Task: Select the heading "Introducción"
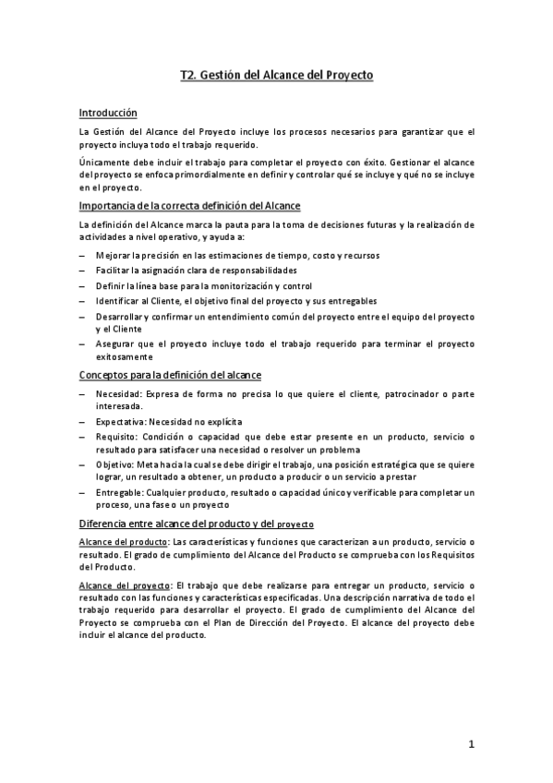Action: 108,113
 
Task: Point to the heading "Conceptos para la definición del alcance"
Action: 170,374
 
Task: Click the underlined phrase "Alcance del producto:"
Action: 124,541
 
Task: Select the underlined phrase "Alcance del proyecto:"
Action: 125,586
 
